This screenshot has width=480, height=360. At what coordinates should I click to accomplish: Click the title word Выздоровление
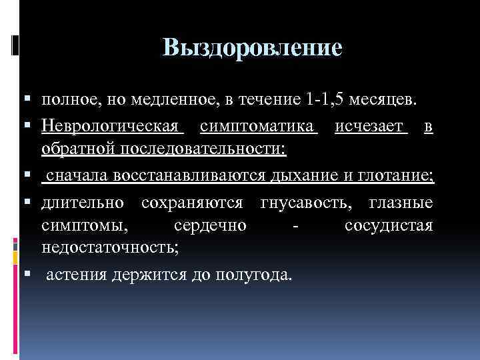252,48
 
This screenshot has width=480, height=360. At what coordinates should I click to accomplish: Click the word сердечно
211,226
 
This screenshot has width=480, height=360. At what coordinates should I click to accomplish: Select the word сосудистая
389,226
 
